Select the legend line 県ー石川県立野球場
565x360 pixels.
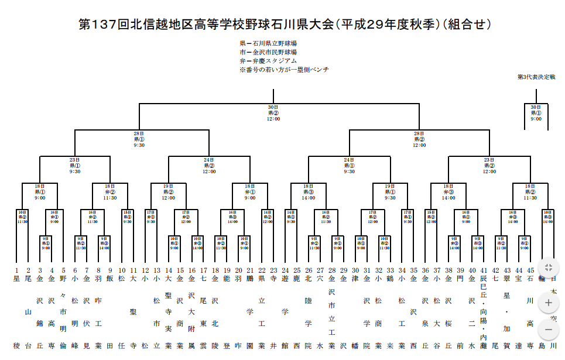[x=268, y=43]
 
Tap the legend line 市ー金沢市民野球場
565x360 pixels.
[x=268, y=52]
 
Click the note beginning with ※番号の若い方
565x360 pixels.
[x=284, y=70]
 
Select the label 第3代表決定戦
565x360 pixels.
[x=536, y=77]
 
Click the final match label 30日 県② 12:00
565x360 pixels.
[x=273, y=113]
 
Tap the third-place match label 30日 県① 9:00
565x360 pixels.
[x=536, y=113]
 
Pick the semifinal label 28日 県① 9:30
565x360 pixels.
[x=139, y=139]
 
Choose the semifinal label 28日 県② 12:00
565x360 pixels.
[x=419, y=139]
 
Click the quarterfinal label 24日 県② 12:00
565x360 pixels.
[x=210, y=165]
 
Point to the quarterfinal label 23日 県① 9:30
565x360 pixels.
[x=75, y=165]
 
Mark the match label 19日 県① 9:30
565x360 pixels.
[x=391, y=191]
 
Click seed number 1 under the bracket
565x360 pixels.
[x=16, y=270]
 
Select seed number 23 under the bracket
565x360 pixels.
[x=273, y=270]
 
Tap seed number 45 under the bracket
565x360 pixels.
[x=530, y=270]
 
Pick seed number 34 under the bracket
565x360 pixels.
[x=402, y=270]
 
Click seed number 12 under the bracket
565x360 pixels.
[x=145, y=270]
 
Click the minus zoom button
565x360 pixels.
[x=548, y=329]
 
